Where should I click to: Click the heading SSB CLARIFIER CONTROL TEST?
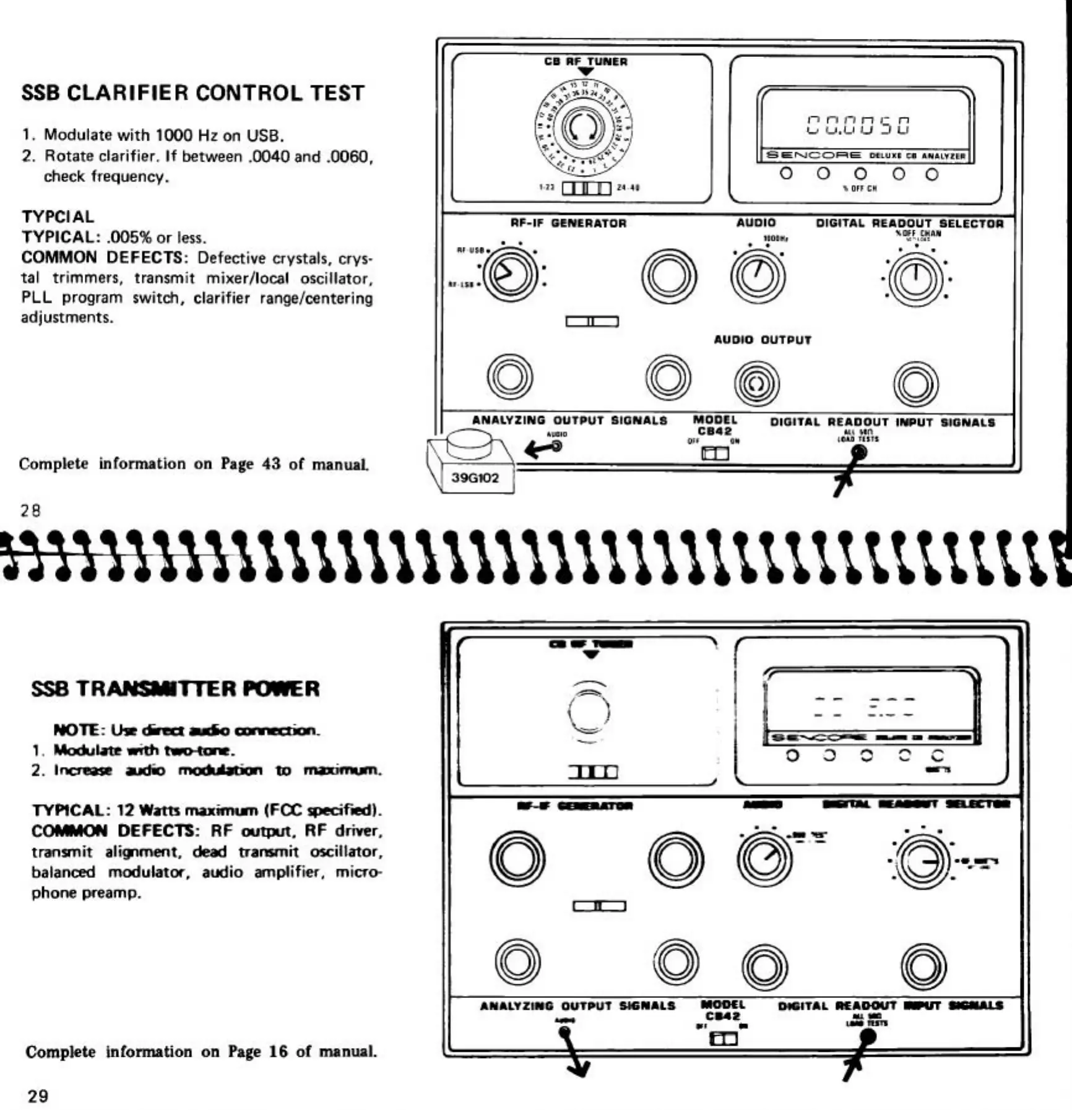[192, 93]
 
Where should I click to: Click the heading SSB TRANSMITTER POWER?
[175, 689]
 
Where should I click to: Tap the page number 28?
[30, 510]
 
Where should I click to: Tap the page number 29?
[38, 1096]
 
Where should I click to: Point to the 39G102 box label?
[475, 478]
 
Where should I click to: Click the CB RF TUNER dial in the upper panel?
[582, 127]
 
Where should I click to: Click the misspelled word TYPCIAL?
[58, 217]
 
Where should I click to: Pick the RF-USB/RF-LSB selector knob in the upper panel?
[511, 275]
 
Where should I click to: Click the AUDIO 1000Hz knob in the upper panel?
[758, 275]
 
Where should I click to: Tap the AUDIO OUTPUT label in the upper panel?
[762, 340]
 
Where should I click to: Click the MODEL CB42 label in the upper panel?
[715, 426]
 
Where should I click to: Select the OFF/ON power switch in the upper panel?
[715, 454]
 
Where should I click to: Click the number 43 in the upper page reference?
[271, 464]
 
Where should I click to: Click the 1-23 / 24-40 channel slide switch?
[586, 187]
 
